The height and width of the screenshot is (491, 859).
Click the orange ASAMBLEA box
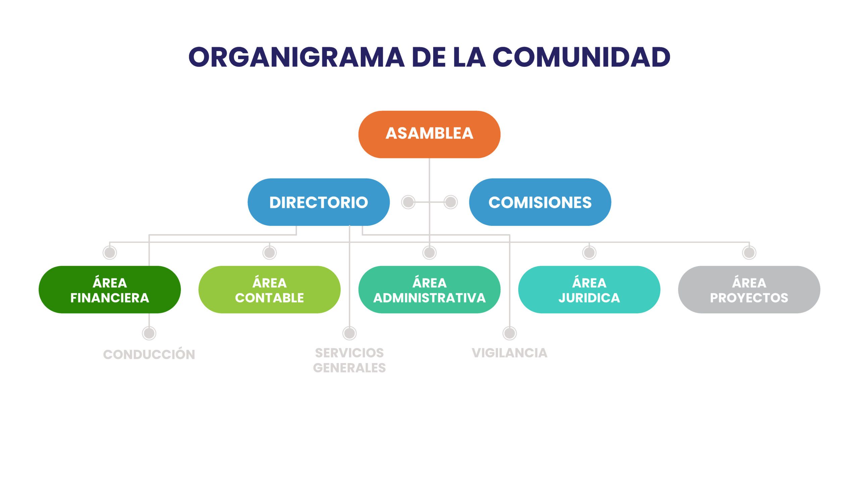(x=429, y=134)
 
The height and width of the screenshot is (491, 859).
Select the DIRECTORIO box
(x=318, y=202)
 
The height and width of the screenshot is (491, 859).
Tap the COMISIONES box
(x=540, y=202)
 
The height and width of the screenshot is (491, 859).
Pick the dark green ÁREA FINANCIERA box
(x=110, y=290)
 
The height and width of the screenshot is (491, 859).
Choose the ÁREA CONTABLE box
(x=269, y=290)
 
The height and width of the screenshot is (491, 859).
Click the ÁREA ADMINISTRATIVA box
(x=429, y=290)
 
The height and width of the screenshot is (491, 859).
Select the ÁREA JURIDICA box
(x=589, y=290)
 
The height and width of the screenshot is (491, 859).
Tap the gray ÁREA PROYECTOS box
(x=749, y=290)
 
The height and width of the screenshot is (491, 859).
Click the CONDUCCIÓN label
(x=149, y=354)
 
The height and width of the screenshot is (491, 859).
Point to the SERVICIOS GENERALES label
(x=349, y=360)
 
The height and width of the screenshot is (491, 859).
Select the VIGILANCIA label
(x=509, y=353)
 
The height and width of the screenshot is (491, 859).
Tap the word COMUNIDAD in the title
(x=582, y=57)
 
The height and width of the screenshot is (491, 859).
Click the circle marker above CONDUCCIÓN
(x=149, y=333)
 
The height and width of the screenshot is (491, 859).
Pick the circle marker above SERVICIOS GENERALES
(x=349, y=333)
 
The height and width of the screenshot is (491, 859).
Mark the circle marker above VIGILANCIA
(x=509, y=333)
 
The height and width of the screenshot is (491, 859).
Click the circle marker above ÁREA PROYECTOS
(x=749, y=253)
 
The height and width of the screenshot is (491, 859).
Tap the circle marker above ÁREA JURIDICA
(x=589, y=253)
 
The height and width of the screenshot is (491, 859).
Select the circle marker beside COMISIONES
(x=451, y=202)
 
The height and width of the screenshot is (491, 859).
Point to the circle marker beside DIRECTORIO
(x=408, y=202)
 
